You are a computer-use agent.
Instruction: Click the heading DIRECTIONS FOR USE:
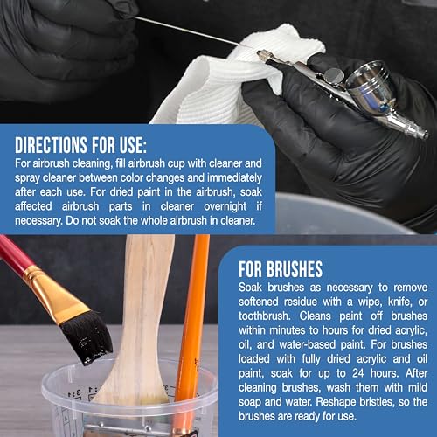coord(80,145)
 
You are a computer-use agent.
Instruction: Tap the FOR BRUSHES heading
coord(281,269)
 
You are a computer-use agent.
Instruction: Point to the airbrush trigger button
coord(334,75)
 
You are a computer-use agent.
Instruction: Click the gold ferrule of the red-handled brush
coord(56,295)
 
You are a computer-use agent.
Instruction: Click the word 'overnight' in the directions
coord(225,206)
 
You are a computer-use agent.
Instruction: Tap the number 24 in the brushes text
coord(358,373)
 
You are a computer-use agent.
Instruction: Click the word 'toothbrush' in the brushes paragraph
coord(265,316)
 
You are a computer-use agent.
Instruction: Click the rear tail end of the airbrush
coord(421,133)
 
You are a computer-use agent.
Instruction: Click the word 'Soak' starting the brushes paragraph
coord(250,288)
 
